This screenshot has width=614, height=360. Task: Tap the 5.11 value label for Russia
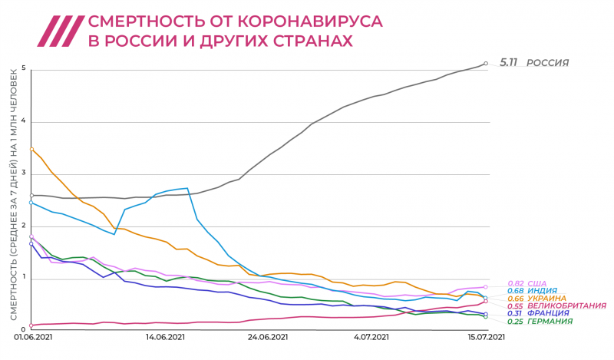click(x=509, y=62)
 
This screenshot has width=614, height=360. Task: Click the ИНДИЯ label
click(x=541, y=291)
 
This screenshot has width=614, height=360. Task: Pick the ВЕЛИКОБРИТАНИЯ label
click(x=563, y=306)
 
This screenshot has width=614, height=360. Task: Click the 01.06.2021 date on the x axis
click(x=32, y=336)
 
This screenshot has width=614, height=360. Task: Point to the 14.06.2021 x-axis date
click(x=165, y=336)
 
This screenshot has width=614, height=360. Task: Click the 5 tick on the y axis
click(x=24, y=68)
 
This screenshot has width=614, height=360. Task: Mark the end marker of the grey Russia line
click(x=485, y=63)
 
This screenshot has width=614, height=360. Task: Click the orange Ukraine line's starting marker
click(x=31, y=148)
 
